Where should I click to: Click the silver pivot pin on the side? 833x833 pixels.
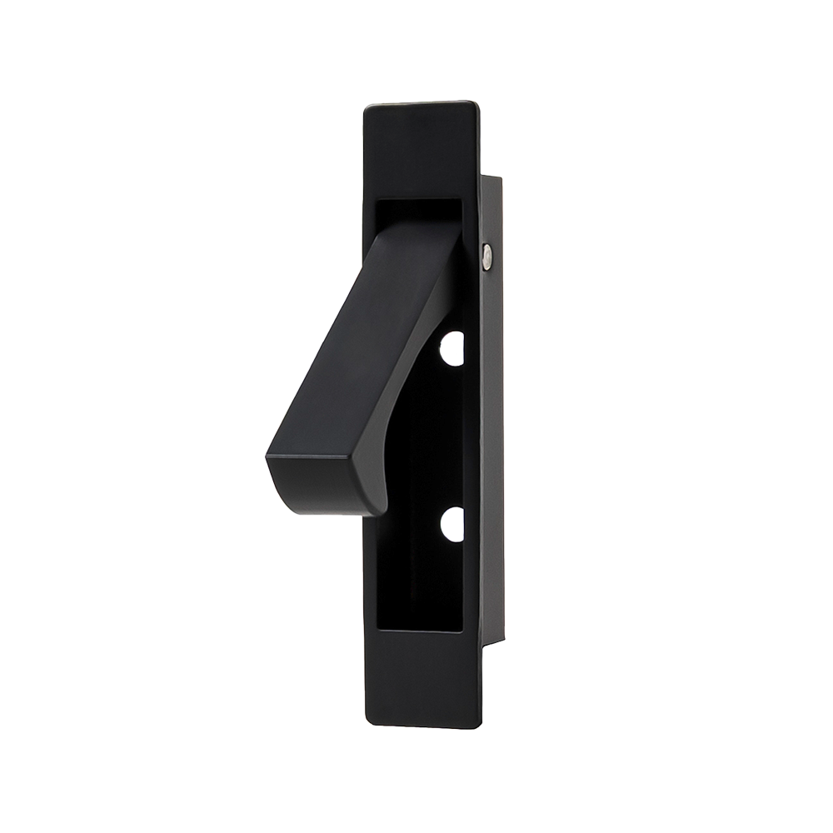[487, 257]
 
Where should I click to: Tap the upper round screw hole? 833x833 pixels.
[452, 348]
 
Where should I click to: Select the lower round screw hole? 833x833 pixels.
[452, 525]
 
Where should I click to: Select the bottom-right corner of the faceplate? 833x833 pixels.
[478, 725]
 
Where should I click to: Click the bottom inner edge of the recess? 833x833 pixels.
[421, 629]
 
